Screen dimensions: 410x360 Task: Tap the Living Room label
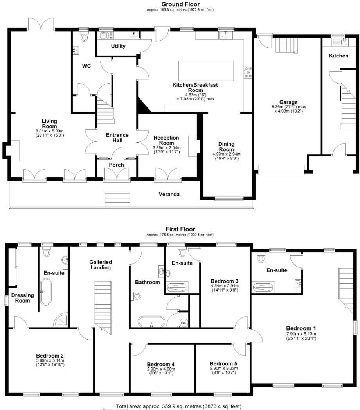(x=49, y=124)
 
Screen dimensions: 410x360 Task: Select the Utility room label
(x=118, y=46)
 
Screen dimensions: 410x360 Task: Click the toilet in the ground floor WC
(x=84, y=37)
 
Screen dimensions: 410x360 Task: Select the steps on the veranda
(x=118, y=200)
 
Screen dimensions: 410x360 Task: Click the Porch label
(x=116, y=165)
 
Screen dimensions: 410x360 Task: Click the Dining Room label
(x=226, y=147)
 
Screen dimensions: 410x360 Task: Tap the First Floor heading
(x=180, y=229)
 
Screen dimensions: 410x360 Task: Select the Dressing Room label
(x=22, y=298)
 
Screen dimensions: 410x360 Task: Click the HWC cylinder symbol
(x=184, y=323)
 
